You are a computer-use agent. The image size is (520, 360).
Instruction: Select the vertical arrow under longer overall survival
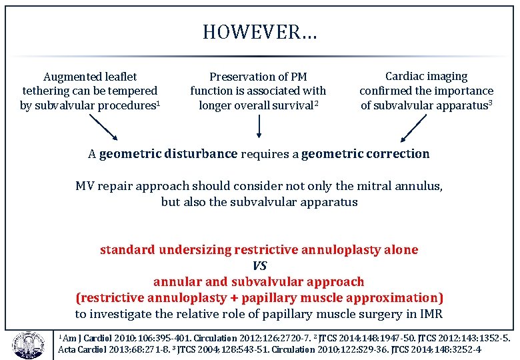click(x=259, y=126)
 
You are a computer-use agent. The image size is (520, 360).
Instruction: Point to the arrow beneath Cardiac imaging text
click(x=415, y=128)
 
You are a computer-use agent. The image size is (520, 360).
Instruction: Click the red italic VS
click(x=259, y=265)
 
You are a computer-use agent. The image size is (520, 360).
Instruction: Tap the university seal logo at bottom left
click(x=26, y=343)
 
